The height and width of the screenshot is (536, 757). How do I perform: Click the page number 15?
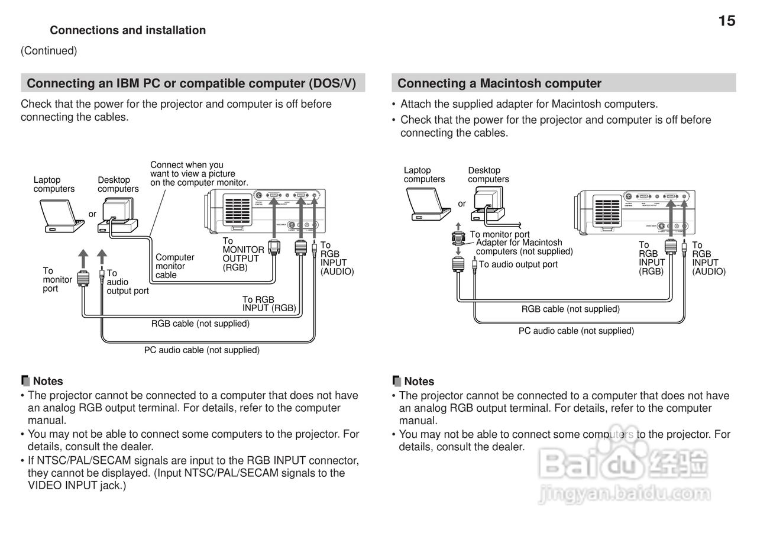coord(727,21)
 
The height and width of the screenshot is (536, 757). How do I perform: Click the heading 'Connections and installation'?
coord(128,30)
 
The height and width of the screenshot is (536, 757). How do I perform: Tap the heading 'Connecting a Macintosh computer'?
coord(499,83)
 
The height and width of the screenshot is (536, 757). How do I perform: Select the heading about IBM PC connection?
coord(192,83)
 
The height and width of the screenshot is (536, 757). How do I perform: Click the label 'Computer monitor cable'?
coord(174,266)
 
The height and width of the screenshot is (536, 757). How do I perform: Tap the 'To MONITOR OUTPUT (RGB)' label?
coord(242,254)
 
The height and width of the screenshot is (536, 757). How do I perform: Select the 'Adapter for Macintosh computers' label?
coord(524,247)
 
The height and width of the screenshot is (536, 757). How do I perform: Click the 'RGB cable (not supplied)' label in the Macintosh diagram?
coord(570,309)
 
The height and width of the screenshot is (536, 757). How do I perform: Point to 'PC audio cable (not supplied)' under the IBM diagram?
coord(202,350)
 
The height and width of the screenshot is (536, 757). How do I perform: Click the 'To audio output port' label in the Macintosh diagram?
coord(518,264)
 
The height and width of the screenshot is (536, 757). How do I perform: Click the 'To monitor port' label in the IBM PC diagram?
coord(57,279)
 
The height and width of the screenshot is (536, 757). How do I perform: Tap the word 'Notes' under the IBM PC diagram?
coord(47,382)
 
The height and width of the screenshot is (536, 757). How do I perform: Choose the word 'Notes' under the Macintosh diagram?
coord(419,382)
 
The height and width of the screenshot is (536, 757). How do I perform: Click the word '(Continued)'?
coord(48,51)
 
